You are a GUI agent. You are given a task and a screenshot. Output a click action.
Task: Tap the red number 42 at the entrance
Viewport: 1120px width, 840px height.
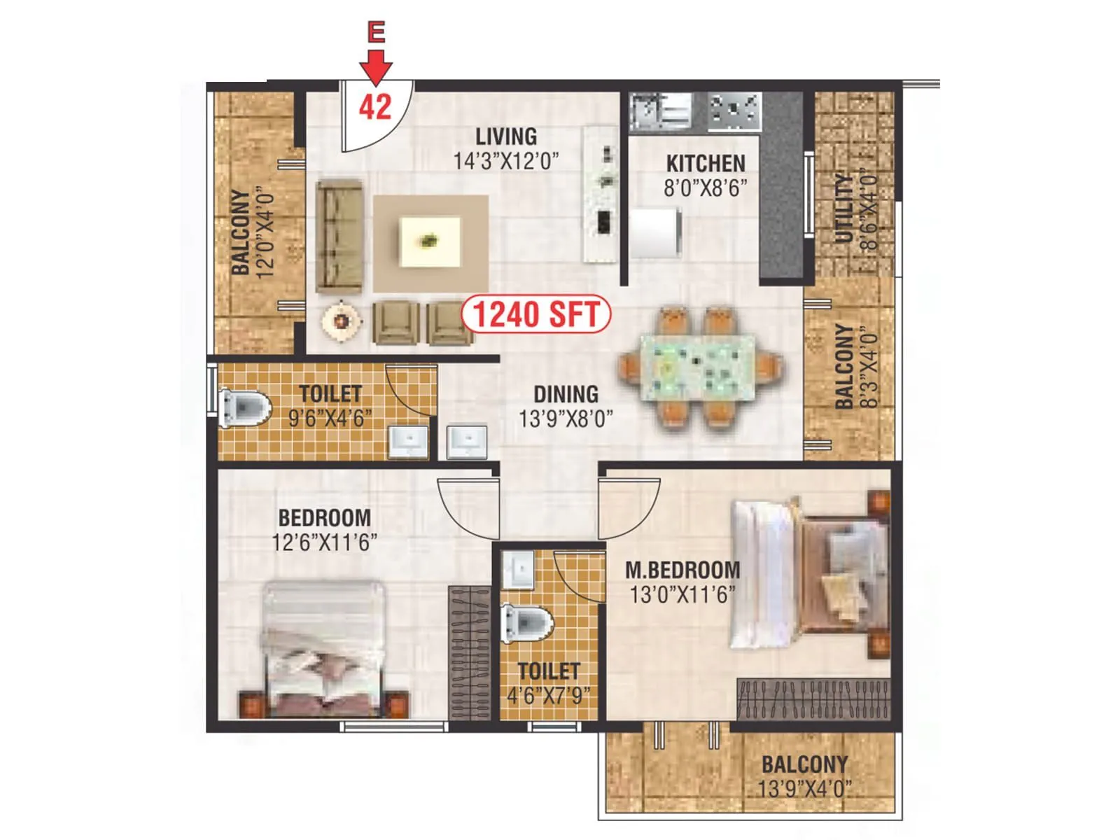click(375, 107)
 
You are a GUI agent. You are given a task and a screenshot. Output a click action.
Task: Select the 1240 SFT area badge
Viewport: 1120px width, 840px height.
click(536, 314)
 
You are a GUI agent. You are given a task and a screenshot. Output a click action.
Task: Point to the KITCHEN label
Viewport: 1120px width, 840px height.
click(705, 163)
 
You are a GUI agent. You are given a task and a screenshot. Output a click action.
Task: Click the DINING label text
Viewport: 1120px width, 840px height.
click(566, 394)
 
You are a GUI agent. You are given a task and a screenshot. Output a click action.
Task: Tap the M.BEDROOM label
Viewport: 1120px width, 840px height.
click(682, 569)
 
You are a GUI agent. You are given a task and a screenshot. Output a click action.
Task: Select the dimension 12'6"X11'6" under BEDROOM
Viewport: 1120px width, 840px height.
click(324, 542)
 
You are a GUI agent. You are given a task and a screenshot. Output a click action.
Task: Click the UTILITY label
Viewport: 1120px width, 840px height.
click(845, 209)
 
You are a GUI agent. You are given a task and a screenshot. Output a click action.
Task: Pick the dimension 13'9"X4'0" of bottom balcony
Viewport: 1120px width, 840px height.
click(804, 789)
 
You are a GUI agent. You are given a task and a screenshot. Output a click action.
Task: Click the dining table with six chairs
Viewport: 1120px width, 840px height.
click(699, 367)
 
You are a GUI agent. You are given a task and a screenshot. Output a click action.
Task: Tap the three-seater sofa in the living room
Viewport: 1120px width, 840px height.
click(339, 236)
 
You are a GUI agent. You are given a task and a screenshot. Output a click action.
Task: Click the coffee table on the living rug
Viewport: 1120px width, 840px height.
click(430, 241)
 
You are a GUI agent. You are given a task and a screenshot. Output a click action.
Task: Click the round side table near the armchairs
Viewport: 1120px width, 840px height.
click(342, 321)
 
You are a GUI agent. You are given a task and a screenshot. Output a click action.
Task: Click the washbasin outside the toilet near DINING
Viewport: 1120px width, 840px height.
click(466, 442)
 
